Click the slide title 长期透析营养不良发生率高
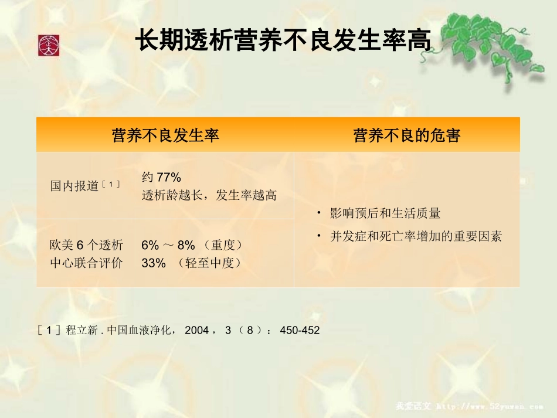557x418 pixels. point(283,42)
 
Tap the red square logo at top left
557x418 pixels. point(49,46)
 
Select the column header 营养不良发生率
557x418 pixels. point(165,135)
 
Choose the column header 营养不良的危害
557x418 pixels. point(406,135)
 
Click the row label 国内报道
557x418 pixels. point(74,186)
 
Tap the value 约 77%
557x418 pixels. point(161,177)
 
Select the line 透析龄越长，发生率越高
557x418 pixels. point(209,195)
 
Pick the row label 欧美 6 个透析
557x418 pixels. point(86,245)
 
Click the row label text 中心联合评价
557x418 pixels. point(86,263)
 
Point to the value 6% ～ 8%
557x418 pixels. point(168,245)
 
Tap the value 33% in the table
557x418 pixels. point(154,263)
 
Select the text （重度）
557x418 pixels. point(223,245)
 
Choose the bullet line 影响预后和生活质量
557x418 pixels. point(385,213)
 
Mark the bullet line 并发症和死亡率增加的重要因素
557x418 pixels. point(416,237)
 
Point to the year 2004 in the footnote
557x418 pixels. point(196,331)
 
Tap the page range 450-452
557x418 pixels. point(300,331)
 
